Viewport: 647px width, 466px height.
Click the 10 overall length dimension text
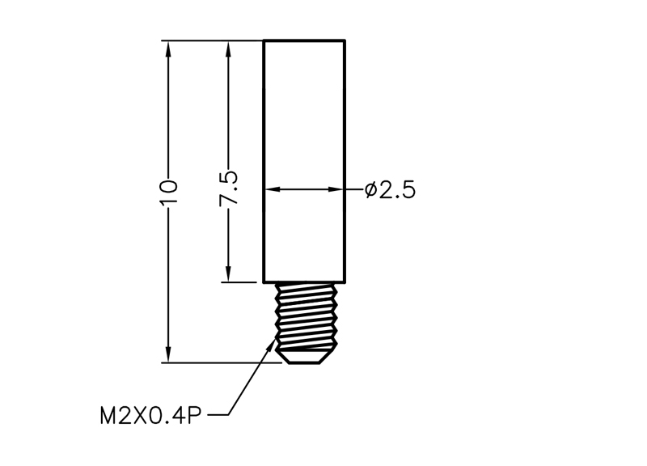pos(168,192)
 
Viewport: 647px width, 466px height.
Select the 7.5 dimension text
pos(229,189)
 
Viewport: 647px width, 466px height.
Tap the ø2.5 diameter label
pos(391,190)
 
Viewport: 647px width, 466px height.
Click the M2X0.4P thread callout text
pos(150,415)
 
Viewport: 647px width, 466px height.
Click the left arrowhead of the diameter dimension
pos(273,189)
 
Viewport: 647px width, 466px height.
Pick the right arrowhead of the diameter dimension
pos(336,189)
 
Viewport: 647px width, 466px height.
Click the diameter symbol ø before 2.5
pos(371,190)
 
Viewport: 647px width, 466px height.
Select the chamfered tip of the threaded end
pos(306,357)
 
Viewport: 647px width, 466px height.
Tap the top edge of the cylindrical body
pos(304,40)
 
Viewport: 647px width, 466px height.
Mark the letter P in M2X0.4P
pos(194,415)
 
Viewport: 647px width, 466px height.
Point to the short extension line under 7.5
pos(239,282)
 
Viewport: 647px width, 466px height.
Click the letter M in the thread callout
pos(108,415)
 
